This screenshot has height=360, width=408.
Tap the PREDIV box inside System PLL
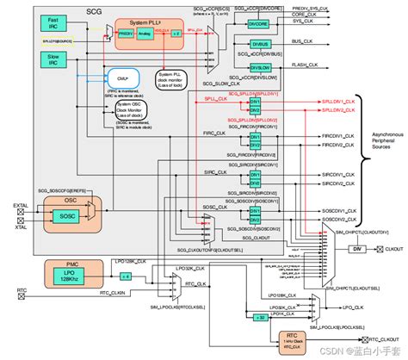[x=127, y=32]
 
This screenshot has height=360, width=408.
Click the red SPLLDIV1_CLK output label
[x=334, y=101]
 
